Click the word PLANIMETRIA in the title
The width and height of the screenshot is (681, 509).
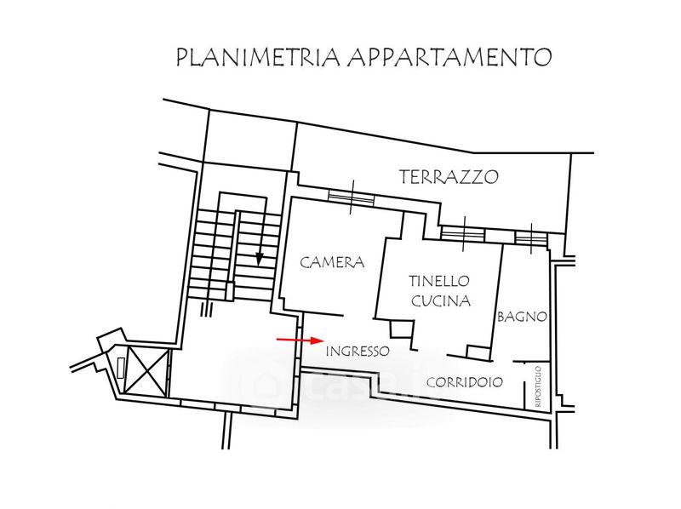pos(257,57)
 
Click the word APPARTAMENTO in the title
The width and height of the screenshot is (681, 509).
pos(449,57)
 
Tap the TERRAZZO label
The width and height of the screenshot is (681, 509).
pos(449,177)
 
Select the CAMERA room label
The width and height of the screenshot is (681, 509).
pos(332,262)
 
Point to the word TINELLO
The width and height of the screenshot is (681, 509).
pos(439,281)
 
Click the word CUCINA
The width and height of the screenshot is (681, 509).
pos(441,300)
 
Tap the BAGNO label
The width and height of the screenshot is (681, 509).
pos(522,317)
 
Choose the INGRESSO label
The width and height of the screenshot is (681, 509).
pos(358,351)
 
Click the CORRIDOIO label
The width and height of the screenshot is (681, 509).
pos(465,382)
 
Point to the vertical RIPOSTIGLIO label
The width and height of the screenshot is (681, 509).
pos(538,386)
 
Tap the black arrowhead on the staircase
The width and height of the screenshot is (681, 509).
pos(260,259)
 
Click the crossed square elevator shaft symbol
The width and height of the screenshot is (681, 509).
pos(146,370)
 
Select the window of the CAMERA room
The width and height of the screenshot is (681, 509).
pos(351,197)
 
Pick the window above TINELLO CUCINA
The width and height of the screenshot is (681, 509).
pos(462,233)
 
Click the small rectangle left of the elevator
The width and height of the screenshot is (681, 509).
pos(121,367)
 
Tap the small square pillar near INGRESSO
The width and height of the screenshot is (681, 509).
pos(401,329)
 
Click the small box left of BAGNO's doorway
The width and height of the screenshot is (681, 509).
pos(478,352)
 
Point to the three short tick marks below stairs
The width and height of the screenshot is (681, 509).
pos(206,309)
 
